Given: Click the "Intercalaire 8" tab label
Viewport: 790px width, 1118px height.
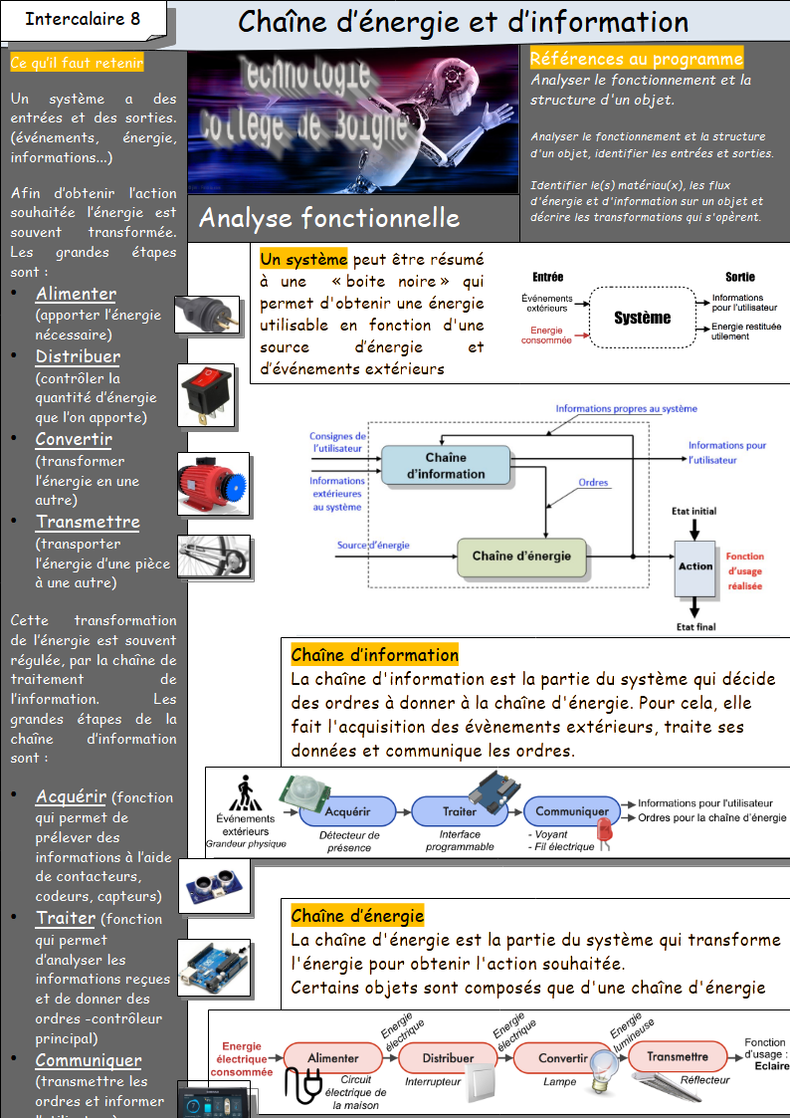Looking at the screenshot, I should coord(83,19).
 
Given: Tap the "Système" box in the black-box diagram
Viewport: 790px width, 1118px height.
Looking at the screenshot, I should coord(642,318).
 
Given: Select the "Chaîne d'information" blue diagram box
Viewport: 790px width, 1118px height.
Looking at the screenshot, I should coord(446,466).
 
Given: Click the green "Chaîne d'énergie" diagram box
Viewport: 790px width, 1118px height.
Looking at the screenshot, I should coord(521,556).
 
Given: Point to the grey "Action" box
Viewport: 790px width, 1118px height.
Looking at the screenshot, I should coord(695,566).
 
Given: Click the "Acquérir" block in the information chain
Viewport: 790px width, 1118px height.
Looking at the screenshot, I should coord(347,811).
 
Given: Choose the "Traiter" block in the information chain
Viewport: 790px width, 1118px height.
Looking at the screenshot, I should coord(459,811).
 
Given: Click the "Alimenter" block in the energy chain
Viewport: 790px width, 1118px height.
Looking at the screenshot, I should coord(333,1057).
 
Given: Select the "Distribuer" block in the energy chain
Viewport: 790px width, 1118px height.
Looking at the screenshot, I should coord(448,1057).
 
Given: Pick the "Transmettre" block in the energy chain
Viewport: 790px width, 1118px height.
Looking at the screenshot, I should coord(678,1056).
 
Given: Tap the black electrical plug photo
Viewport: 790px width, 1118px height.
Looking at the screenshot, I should coord(206,314).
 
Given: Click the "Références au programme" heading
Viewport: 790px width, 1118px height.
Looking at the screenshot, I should coord(636,60).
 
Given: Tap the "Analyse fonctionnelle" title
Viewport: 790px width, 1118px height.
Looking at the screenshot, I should coord(329,218).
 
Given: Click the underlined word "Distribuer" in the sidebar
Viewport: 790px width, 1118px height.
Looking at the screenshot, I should coord(78,356).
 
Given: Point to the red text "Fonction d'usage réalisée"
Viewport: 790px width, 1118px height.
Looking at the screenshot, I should coord(745,571).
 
